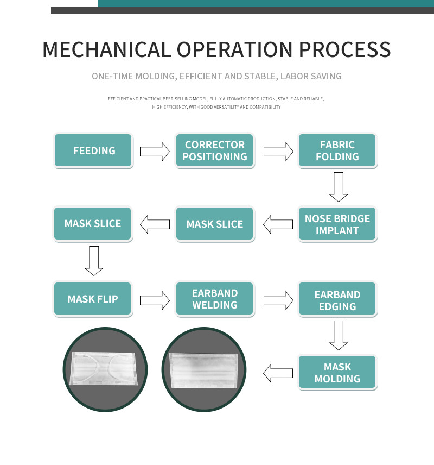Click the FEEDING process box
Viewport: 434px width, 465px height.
click(93, 150)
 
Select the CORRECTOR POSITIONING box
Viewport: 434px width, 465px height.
click(215, 150)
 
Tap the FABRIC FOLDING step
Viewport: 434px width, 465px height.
click(337, 150)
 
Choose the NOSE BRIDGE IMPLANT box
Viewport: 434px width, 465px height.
click(337, 224)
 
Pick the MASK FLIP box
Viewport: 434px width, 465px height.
click(93, 299)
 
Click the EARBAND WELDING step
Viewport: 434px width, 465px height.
click(215, 299)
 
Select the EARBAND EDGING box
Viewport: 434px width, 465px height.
click(337, 299)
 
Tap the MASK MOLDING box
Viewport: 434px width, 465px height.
click(337, 372)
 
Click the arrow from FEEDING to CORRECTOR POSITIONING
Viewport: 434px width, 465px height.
click(155, 152)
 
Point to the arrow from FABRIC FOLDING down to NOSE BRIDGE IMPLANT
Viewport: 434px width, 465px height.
click(339, 187)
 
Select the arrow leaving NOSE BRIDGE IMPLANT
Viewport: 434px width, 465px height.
click(278, 224)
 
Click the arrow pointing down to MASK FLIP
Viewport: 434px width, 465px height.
click(94, 261)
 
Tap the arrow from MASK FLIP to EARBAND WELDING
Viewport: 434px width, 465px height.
click(155, 300)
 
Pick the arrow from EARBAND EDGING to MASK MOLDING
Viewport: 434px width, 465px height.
click(339, 335)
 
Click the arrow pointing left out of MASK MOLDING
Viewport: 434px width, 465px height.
click(278, 373)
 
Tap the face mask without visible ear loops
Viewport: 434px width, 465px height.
click(204, 370)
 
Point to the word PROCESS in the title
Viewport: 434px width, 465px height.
click(345, 49)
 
